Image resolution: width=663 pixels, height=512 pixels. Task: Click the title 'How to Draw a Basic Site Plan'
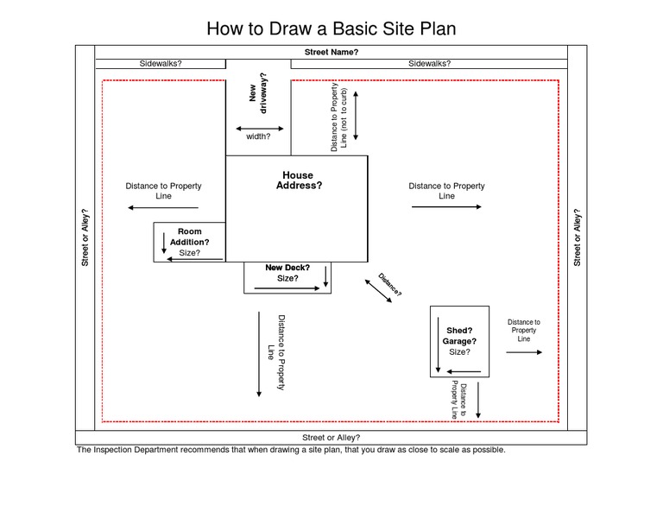tap(331, 28)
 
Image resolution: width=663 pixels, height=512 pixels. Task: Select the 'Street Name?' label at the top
tap(331, 53)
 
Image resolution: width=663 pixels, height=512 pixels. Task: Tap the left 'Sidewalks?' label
tap(161, 64)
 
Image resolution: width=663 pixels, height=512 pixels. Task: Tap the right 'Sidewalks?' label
tap(429, 64)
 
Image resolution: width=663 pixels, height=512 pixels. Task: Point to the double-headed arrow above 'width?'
tap(259, 129)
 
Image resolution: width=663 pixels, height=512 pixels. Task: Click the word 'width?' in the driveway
tap(258, 136)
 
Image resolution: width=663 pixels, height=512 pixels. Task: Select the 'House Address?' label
tap(298, 180)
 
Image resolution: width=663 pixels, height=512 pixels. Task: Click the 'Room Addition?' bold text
tap(189, 237)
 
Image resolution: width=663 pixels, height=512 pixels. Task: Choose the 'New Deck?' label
tap(287, 268)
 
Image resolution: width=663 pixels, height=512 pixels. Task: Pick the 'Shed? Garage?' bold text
tap(459, 336)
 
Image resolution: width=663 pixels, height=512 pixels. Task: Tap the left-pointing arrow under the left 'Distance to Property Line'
tap(163, 207)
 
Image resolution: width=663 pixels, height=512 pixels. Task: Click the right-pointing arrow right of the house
tap(446, 207)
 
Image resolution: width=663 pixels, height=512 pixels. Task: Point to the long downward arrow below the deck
tap(259, 354)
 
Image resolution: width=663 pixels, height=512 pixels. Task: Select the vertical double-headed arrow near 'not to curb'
tap(356, 114)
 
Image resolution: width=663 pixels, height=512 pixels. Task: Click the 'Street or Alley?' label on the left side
tap(85, 237)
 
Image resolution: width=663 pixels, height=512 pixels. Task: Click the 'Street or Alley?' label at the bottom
tap(331, 438)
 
